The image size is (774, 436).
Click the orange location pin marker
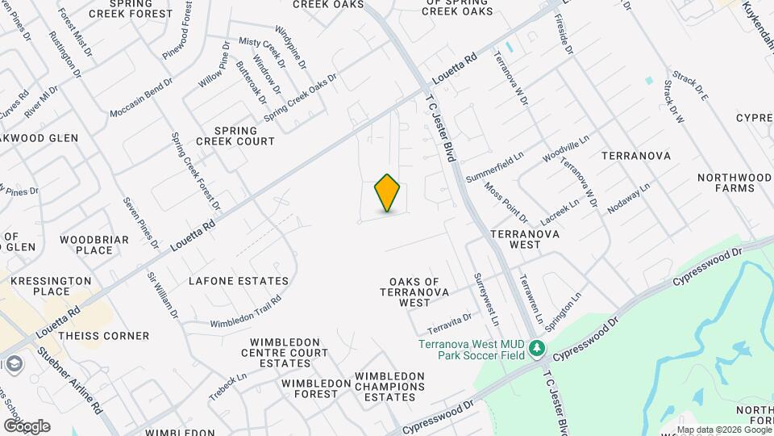coord(388,192)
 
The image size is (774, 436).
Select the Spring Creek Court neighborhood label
coord(244,136)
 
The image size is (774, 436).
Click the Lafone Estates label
coord(238,281)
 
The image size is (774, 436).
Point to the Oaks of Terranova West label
coord(414,291)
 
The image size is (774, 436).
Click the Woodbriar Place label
coord(86,245)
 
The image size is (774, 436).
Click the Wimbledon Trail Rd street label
coord(245,311)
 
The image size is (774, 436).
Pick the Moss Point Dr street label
coord(506,203)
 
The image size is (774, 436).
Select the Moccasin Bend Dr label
coord(141,97)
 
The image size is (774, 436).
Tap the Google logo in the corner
coord(27,426)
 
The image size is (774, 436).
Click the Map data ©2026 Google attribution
coord(723,430)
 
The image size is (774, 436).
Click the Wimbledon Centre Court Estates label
coord(285,353)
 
